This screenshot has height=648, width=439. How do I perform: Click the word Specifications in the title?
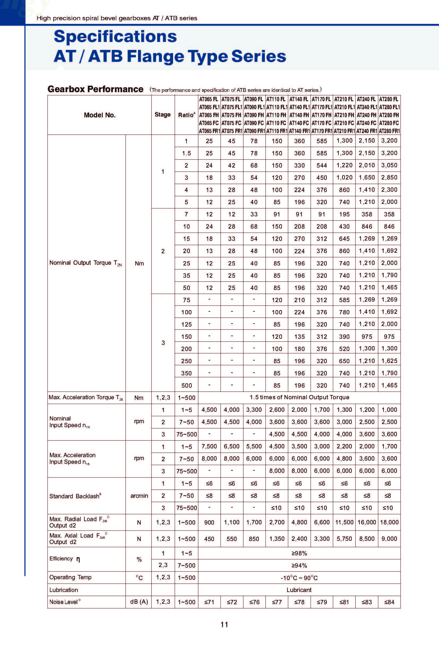(x=115, y=37)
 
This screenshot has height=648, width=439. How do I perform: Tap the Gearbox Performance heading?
(x=95, y=89)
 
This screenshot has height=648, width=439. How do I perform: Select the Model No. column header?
(x=100, y=115)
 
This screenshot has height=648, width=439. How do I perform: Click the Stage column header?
(x=162, y=115)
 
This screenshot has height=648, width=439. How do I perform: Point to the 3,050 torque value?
(x=389, y=165)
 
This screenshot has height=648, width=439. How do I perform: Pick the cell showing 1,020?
(x=344, y=178)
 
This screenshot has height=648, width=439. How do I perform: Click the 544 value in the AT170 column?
(x=322, y=165)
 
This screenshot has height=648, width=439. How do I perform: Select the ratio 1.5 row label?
(x=186, y=153)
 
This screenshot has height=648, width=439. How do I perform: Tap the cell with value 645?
(x=344, y=239)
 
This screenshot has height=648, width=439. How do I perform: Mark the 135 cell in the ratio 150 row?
(x=299, y=337)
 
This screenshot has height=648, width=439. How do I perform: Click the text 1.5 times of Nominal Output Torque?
(x=299, y=397)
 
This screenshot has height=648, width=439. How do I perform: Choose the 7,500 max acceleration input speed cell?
(x=209, y=447)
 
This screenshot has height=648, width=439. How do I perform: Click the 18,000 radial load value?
(x=389, y=522)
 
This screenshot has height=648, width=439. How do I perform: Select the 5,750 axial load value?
(x=344, y=539)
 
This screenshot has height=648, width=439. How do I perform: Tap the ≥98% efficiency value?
(x=299, y=553)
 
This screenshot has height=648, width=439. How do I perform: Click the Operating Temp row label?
(x=70, y=577)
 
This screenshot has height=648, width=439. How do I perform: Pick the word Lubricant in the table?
(x=299, y=590)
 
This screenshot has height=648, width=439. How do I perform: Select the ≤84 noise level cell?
(x=389, y=602)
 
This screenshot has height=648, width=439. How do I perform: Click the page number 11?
(x=224, y=625)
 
